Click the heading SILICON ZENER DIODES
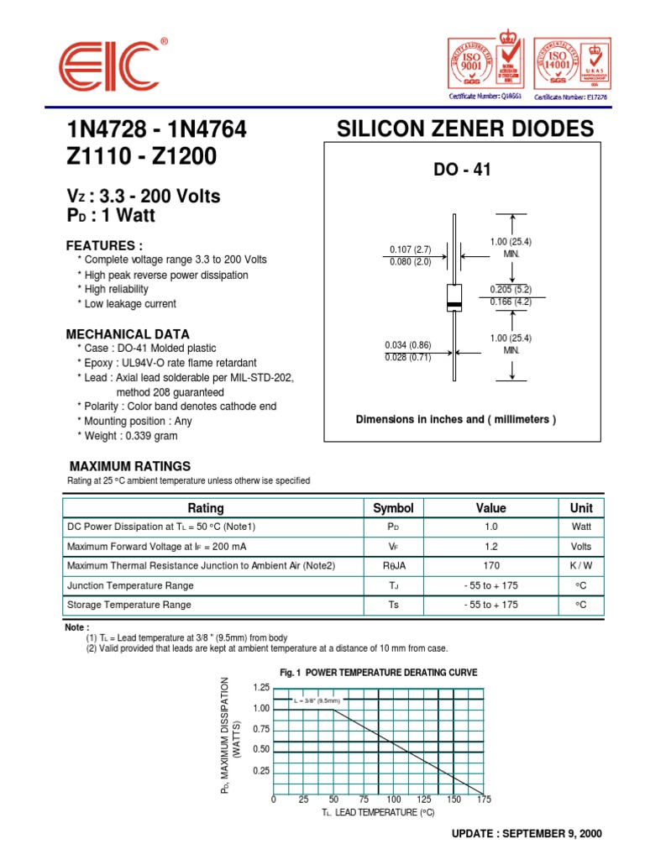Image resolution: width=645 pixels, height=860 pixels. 464,128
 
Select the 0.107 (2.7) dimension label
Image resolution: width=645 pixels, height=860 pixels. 410,249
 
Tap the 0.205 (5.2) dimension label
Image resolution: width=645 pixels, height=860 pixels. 511,288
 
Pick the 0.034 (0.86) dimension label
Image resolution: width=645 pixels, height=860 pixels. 408,344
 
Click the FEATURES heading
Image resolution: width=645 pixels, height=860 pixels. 104,245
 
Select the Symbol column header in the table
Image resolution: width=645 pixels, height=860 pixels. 393,508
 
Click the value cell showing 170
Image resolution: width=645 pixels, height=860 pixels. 491,566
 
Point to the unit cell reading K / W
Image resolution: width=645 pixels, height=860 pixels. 581,566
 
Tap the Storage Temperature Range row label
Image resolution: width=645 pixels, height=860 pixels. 129,605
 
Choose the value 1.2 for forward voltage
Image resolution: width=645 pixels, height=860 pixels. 491,547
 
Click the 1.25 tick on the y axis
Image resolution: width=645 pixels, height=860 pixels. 260,687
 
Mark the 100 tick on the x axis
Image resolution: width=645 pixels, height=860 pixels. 394,800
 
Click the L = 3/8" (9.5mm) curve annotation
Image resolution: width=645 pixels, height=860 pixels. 317,700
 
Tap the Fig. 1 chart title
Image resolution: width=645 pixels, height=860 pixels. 378,673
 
